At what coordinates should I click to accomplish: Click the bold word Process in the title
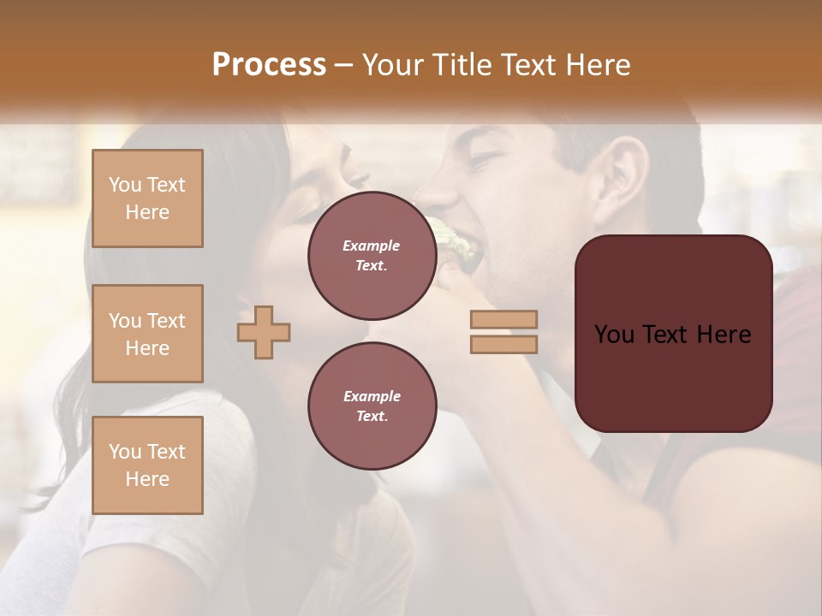[x=269, y=64]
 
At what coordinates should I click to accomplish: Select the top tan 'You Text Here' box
[x=147, y=198]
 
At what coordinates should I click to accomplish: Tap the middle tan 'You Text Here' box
[x=147, y=334]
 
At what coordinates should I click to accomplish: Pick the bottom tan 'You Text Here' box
[x=147, y=465]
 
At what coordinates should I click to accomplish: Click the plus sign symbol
[x=264, y=332]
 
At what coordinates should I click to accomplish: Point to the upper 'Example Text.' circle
[x=372, y=256]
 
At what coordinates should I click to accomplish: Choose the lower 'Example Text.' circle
[x=372, y=406]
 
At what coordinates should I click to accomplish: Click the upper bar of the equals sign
[x=503, y=319]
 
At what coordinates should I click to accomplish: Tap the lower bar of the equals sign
[x=503, y=344]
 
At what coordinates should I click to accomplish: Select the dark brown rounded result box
[x=673, y=334]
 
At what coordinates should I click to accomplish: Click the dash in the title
[x=343, y=64]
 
